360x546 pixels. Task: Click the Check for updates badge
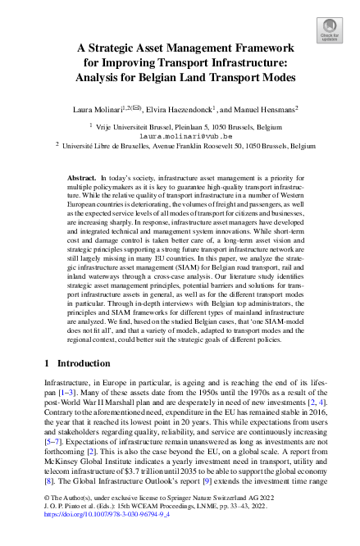click(329, 31)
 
